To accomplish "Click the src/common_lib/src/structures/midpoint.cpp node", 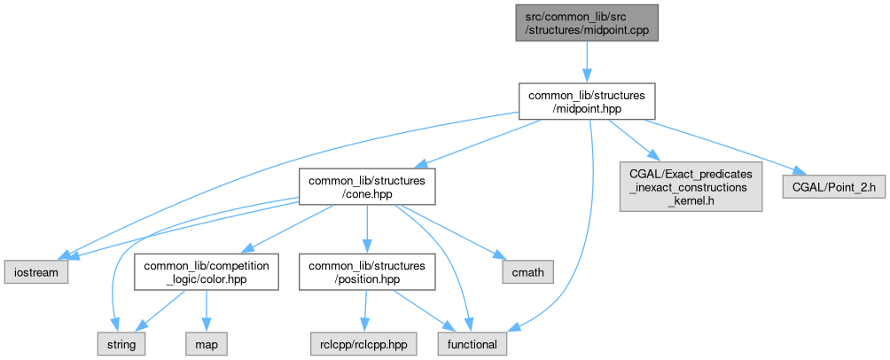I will click(586, 22).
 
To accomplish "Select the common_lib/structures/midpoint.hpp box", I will click(586, 101).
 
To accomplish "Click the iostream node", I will click(35, 271).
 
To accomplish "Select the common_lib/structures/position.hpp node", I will click(367, 271).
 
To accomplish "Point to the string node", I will click(121, 342).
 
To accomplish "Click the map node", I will click(207, 342).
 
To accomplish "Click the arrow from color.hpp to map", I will click(207, 310).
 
